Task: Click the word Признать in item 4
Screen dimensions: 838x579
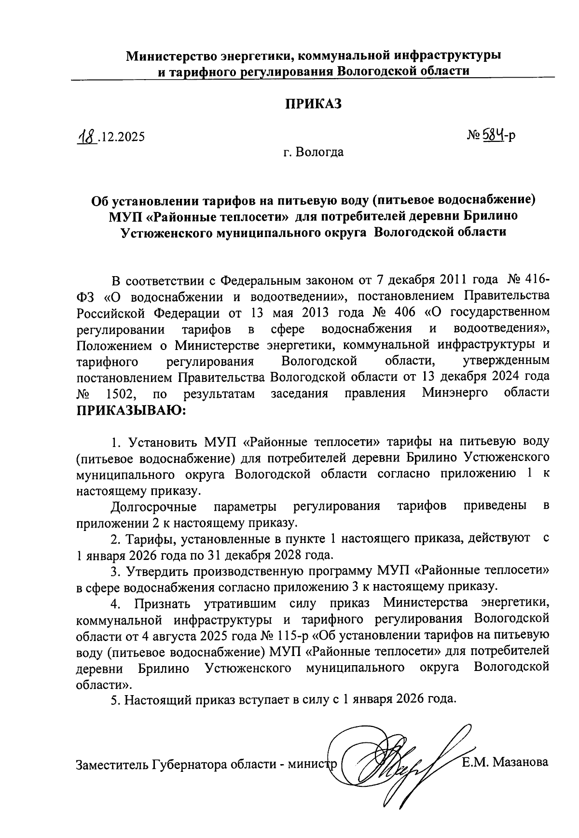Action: pyautogui.click(x=162, y=603)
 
